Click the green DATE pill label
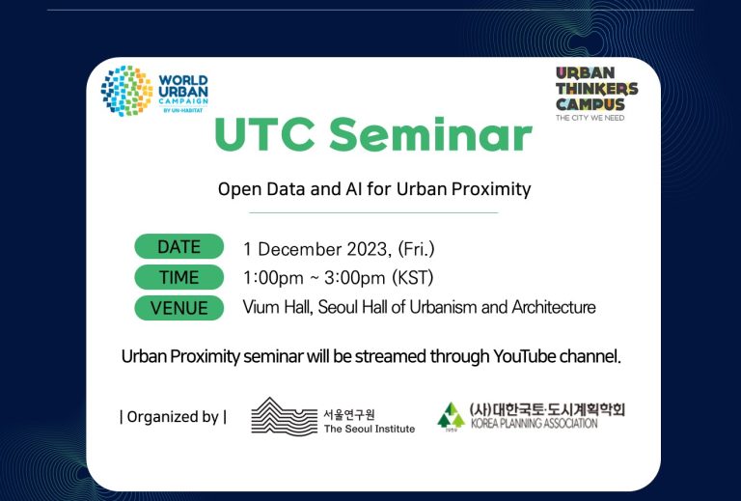click(179, 247)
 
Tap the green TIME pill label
click(179, 277)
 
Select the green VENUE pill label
click(179, 308)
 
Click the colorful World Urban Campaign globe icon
click(126, 91)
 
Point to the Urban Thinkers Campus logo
click(596, 94)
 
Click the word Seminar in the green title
click(430, 134)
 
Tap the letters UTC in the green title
click(264, 134)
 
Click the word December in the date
click(300, 249)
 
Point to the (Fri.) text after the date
click(416, 249)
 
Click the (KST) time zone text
click(413, 278)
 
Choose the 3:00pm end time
click(354, 278)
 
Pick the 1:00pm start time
click(273, 278)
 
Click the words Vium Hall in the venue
click(278, 307)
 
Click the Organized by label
click(173, 417)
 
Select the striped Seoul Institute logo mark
click(284, 416)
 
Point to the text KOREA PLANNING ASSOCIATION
click(534, 423)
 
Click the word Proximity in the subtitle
click(491, 189)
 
